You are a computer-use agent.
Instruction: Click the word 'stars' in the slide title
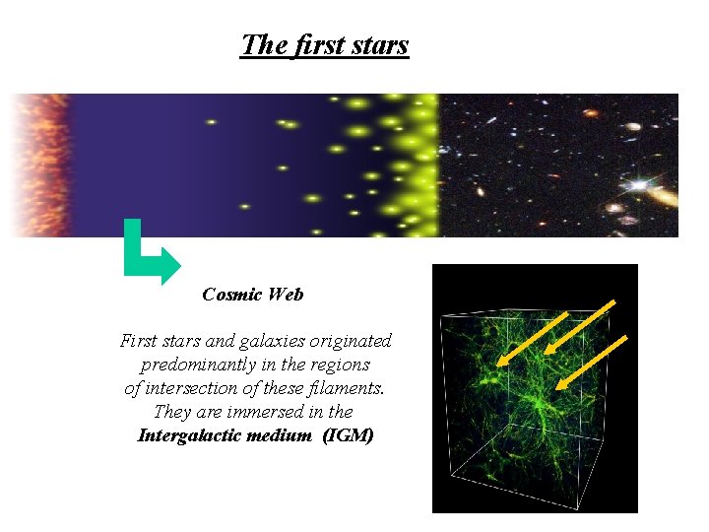(x=377, y=45)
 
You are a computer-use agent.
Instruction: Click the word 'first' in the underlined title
(x=315, y=45)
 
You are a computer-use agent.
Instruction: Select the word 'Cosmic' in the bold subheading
(x=232, y=295)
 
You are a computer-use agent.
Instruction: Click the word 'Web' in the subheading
(x=286, y=295)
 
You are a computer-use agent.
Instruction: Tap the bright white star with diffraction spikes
(x=640, y=184)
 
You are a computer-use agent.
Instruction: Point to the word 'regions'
(x=341, y=365)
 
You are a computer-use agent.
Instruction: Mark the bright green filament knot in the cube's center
(x=537, y=404)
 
